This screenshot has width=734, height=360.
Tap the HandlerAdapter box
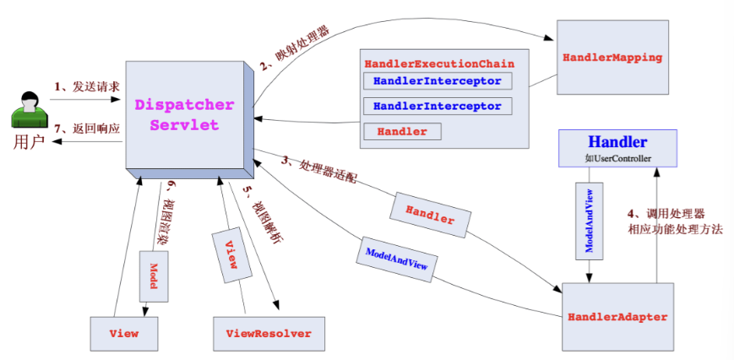617,317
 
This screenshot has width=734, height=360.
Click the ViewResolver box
268,333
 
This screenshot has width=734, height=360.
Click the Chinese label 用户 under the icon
25,141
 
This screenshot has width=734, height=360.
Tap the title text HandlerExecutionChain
439,64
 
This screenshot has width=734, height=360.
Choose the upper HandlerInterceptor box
437,81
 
